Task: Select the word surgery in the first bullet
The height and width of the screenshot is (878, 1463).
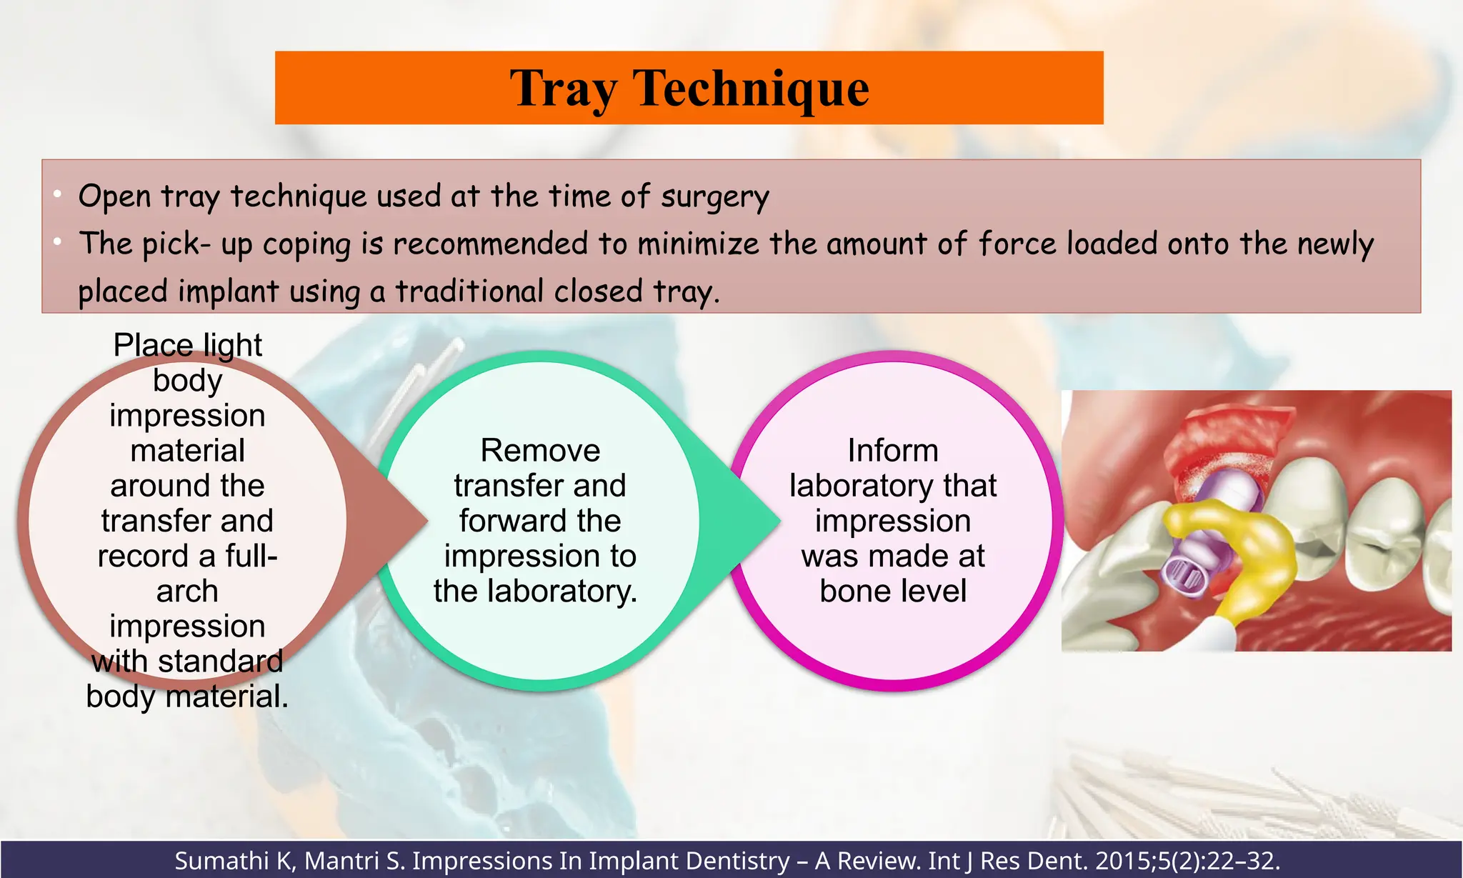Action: coord(714,197)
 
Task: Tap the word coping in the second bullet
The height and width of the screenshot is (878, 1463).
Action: coord(306,244)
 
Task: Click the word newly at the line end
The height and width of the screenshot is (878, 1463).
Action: coord(1335,244)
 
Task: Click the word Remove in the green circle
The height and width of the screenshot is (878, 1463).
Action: coord(540,451)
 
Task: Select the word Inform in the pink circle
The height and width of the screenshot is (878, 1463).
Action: coord(893,451)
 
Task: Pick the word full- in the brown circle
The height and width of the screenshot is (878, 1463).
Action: coord(251,556)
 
